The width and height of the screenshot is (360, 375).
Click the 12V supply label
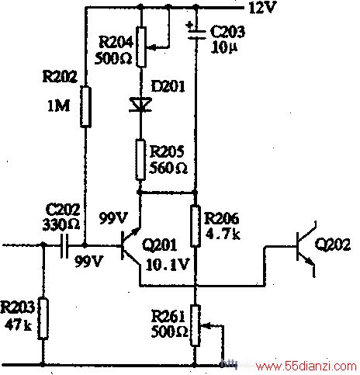262,8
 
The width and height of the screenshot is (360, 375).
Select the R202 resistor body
85,107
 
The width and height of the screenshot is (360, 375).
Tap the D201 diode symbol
140,105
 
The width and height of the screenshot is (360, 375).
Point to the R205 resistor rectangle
140,159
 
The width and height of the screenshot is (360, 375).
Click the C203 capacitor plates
196,35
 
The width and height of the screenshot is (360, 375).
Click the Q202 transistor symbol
306,249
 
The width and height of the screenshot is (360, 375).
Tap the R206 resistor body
196,226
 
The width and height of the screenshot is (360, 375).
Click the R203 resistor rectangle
43,318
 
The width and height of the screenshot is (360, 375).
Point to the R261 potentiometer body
196,325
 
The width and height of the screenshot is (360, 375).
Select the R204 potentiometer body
141,47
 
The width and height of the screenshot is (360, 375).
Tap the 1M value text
58,106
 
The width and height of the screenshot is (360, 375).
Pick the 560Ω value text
168,168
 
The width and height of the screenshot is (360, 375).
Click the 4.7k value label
223,234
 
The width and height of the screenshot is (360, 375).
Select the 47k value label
18,325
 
